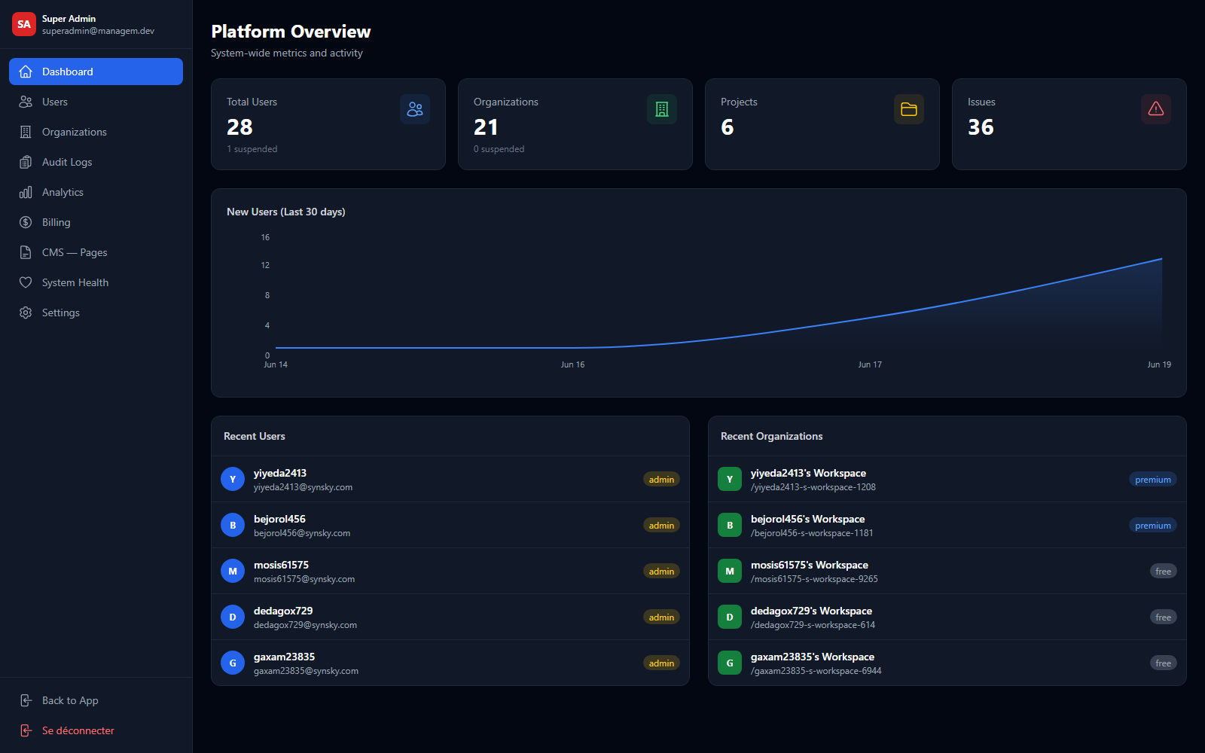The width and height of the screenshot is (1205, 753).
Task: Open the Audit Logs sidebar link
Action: [x=67, y=162]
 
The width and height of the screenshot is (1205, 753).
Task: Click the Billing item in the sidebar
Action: [x=56, y=222]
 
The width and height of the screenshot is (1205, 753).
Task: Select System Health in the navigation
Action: [x=75, y=282]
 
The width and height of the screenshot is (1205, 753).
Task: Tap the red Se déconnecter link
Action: [x=78, y=730]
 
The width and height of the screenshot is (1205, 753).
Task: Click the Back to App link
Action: [x=70, y=700]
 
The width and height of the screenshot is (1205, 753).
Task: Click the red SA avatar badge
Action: [x=23, y=24]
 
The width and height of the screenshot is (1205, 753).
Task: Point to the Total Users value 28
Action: [x=239, y=127]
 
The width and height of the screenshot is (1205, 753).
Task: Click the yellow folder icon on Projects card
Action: [x=908, y=109]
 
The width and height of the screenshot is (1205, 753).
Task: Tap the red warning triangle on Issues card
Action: [x=1155, y=109]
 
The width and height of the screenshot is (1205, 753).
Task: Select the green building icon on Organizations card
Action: [x=662, y=109]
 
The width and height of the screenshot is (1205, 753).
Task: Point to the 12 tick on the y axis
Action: [x=265, y=265]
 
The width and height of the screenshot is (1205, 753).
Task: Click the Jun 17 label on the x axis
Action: [x=870, y=364]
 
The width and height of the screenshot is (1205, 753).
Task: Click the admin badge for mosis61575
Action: [x=661, y=572]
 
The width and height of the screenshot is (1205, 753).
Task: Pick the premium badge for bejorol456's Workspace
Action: [x=1153, y=526]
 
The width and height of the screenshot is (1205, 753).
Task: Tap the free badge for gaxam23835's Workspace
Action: [x=1163, y=663]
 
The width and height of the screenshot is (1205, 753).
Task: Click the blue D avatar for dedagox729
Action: [x=233, y=617]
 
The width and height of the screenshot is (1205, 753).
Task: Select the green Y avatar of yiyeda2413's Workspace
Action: [x=730, y=479]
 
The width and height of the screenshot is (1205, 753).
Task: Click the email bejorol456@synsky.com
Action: [x=302, y=533]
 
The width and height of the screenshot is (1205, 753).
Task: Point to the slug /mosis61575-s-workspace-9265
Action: [x=814, y=579]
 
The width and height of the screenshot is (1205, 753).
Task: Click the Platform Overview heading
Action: [x=291, y=32]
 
